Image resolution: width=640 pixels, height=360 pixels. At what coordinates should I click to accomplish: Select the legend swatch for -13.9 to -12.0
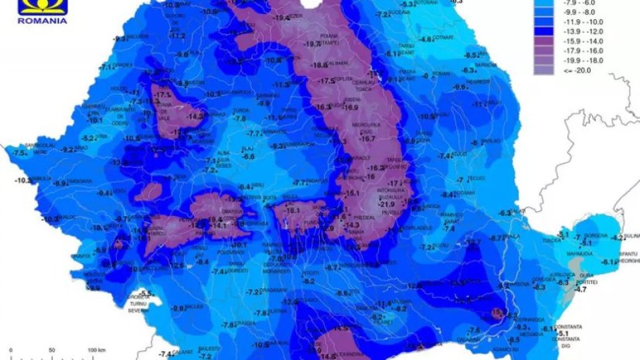544,31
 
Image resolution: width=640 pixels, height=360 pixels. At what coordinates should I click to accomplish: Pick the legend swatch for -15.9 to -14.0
544,40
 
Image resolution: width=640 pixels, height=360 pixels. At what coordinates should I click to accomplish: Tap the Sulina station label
632,235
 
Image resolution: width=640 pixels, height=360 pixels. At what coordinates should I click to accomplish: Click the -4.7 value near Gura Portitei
581,289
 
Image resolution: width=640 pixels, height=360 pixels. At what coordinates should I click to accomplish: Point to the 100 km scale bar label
97,349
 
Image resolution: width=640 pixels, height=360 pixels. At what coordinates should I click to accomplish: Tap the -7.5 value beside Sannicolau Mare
18,153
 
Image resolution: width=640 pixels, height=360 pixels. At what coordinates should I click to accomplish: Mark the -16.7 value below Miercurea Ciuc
367,139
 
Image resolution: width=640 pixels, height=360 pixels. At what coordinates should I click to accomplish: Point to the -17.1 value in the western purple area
162,95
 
